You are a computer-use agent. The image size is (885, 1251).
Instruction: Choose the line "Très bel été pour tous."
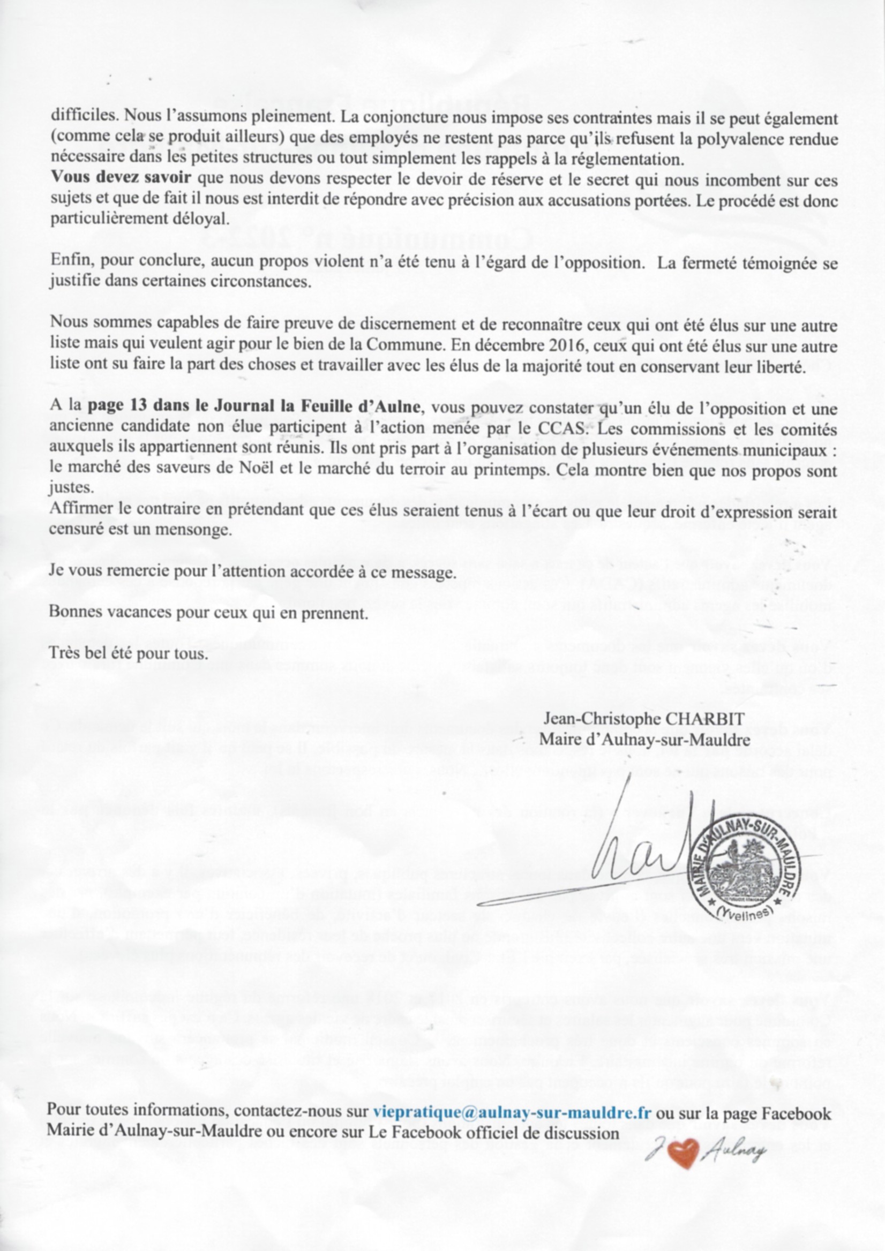[x=129, y=653]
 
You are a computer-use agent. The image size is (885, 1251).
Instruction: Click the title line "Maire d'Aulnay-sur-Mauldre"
[x=644, y=740]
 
